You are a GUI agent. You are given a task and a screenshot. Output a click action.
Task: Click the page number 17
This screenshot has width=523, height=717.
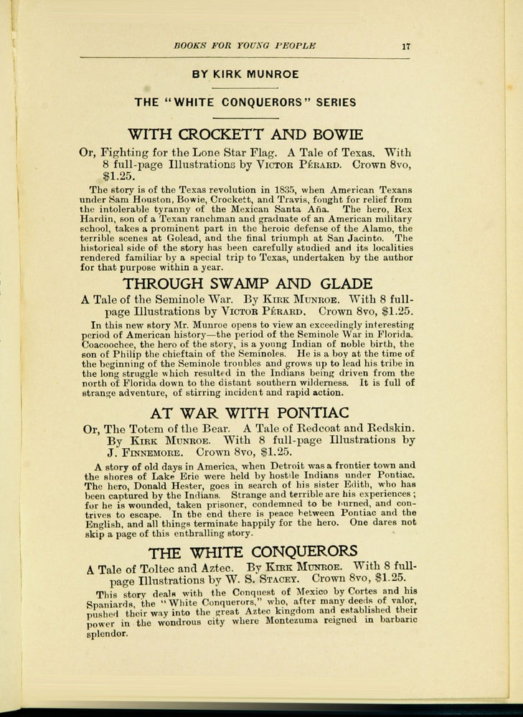pos(405,47)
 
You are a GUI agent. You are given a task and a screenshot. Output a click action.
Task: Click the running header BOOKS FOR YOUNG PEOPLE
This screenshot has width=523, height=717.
pos(245,47)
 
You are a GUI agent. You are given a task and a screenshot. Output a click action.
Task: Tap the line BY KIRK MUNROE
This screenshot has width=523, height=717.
pos(245,73)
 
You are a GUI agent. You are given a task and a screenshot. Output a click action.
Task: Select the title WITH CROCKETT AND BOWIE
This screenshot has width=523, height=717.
pos(245,134)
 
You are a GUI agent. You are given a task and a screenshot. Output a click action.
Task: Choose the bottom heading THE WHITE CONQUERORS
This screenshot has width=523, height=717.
pos(252,551)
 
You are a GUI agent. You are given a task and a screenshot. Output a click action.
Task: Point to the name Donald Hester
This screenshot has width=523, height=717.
pos(154,485)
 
